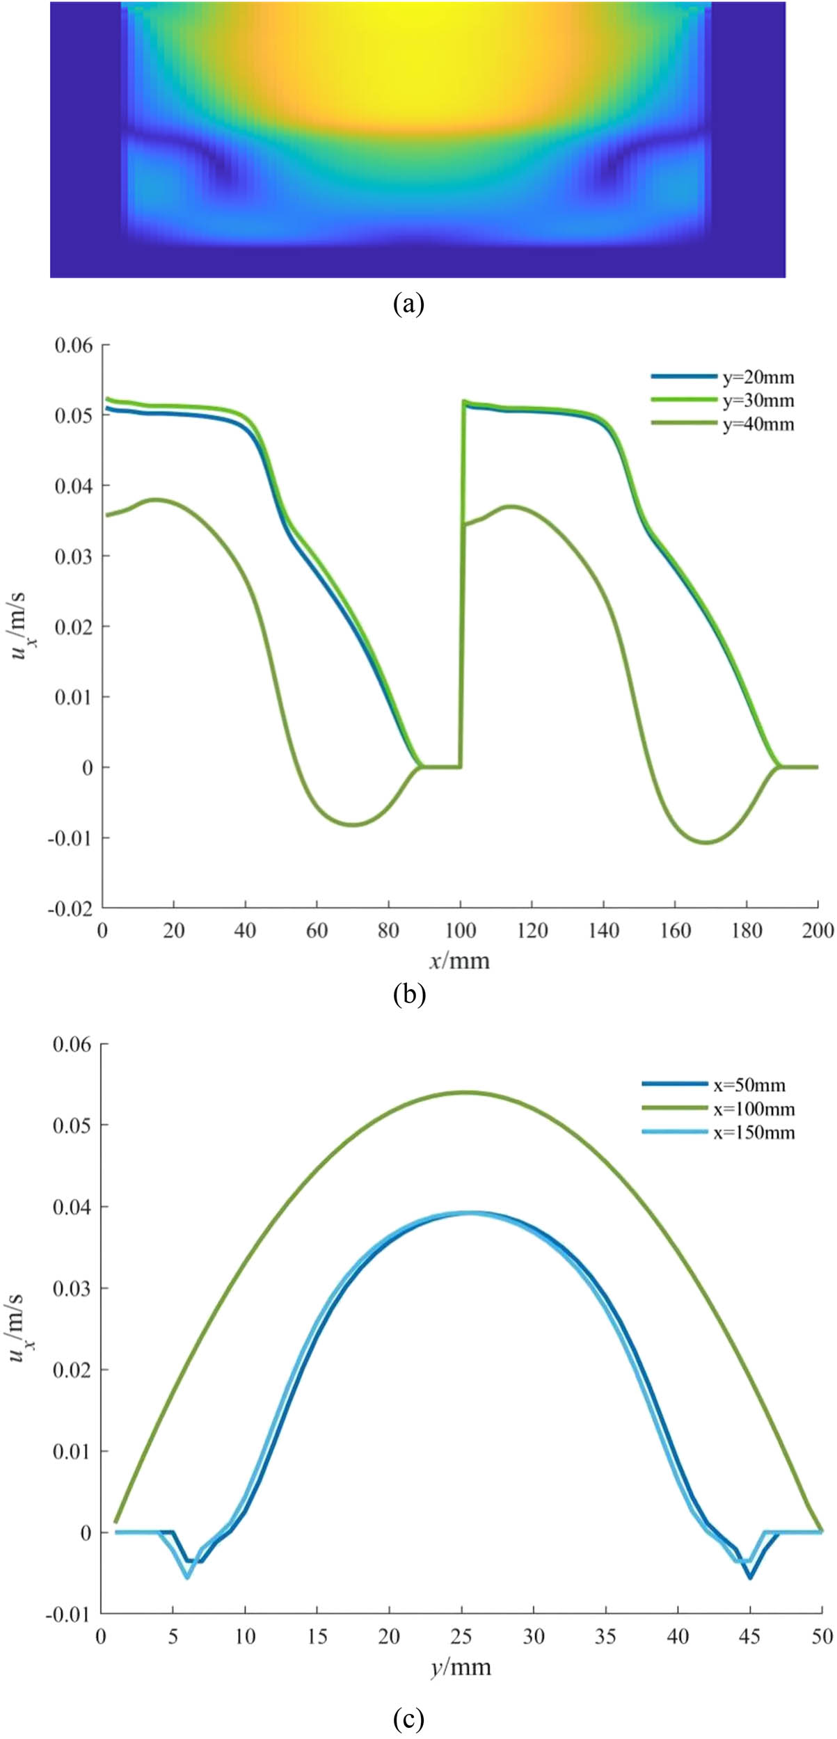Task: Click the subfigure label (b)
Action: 408,994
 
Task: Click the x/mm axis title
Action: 459,961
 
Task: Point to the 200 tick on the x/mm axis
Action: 818,930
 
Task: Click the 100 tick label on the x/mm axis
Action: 461,930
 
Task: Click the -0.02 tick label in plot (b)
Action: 70,908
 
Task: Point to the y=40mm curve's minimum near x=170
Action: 707,842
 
